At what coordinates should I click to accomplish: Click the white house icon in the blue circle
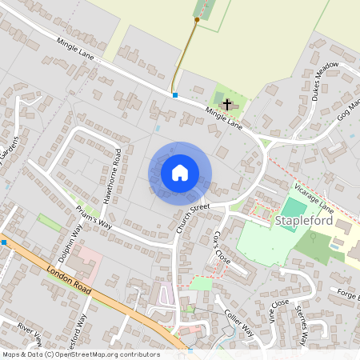click(180, 172)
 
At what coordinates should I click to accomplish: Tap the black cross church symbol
click(226, 104)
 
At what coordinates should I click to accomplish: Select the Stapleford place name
click(302, 220)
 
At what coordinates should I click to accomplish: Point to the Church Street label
click(192, 218)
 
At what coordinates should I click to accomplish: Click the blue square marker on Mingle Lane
click(175, 95)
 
